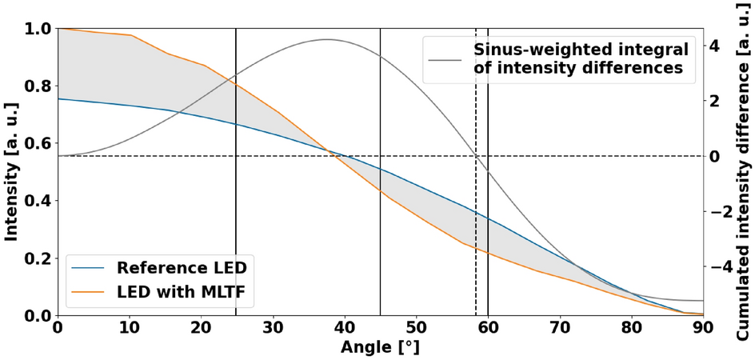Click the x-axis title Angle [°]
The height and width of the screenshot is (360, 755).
[379, 348]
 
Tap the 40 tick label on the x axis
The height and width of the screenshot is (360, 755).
[344, 328]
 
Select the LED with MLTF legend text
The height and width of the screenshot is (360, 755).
[186, 295]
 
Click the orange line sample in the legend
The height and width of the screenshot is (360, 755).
[89, 295]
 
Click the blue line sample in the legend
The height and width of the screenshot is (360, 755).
[89, 267]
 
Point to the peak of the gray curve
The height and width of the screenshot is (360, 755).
[326, 39]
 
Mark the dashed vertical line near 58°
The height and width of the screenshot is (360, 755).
[476, 240]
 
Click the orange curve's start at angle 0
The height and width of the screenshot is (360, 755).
[58, 29]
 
